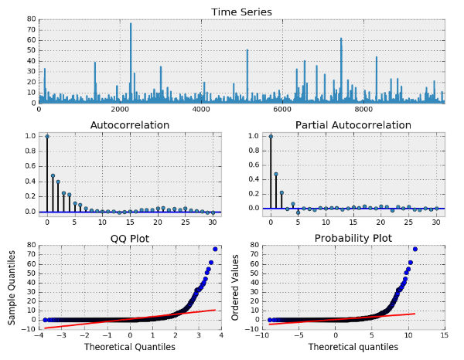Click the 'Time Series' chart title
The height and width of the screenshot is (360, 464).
pos(241,12)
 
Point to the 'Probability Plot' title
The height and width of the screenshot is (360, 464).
pos(353,236)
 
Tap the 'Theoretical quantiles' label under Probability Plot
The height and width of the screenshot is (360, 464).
pos(353,347)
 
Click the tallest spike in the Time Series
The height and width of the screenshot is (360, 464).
pos(131,24)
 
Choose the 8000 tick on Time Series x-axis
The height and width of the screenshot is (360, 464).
pos(363,110)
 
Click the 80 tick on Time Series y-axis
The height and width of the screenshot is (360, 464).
pos(32,19)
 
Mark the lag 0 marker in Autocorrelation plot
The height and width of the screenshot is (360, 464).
pos(47,136)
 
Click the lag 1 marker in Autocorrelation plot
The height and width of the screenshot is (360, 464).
pos(53,175)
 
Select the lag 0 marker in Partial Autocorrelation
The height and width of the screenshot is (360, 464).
pos(271,136)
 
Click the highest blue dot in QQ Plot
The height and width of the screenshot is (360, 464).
pos(215,249)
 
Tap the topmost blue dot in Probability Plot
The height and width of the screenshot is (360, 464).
pos(415,249)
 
